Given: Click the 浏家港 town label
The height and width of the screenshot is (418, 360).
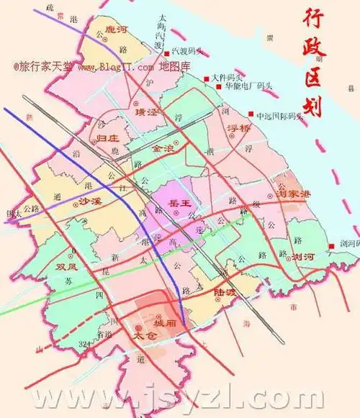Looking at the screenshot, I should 293,194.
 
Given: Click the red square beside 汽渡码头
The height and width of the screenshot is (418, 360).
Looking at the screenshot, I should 166,53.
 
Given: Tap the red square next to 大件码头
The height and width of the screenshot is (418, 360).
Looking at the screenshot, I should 206,77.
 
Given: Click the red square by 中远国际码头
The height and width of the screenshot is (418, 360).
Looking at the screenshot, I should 251,114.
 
